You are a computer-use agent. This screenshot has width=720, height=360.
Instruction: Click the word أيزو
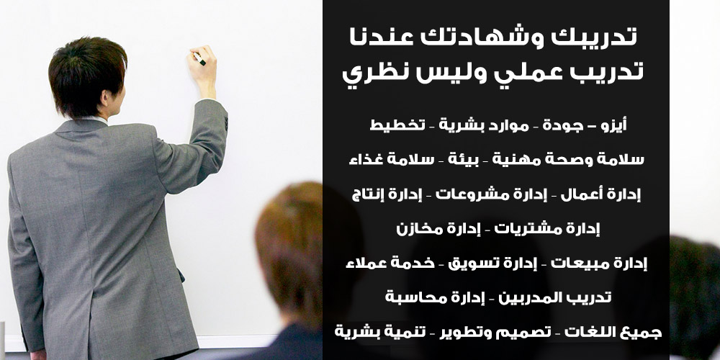pyautogui.click(x=614, y=125)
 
